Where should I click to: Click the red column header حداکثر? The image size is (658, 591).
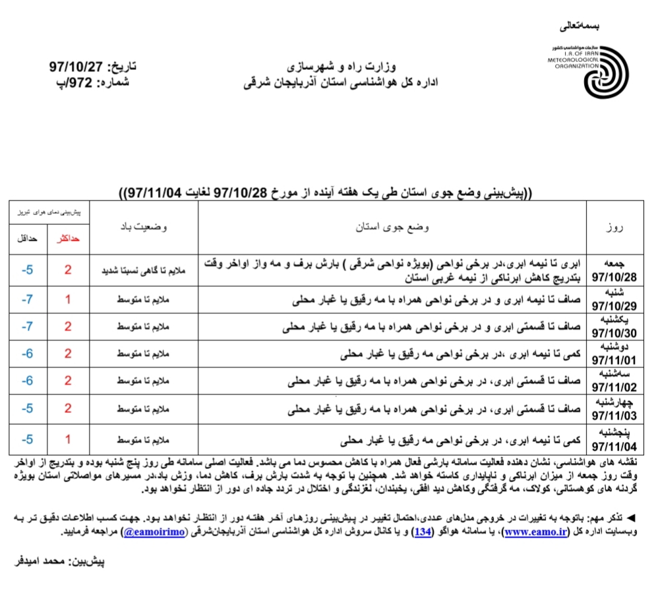coord(69,239)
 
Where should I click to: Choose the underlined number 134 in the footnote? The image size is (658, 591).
coord(419,532)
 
